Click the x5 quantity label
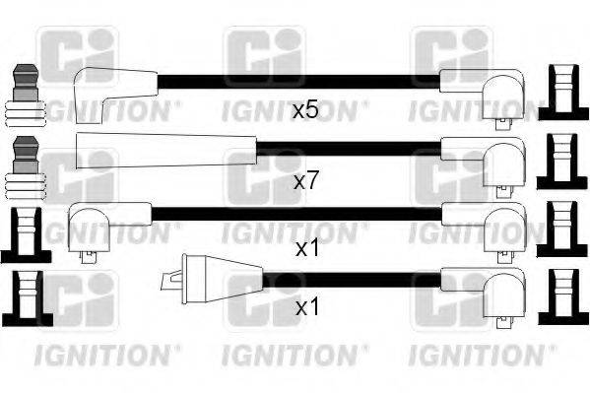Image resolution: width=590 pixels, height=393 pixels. pos(305,109)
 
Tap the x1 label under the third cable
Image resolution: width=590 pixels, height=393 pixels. pos(306,249)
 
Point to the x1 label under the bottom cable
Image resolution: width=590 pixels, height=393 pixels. pos(306,308)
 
